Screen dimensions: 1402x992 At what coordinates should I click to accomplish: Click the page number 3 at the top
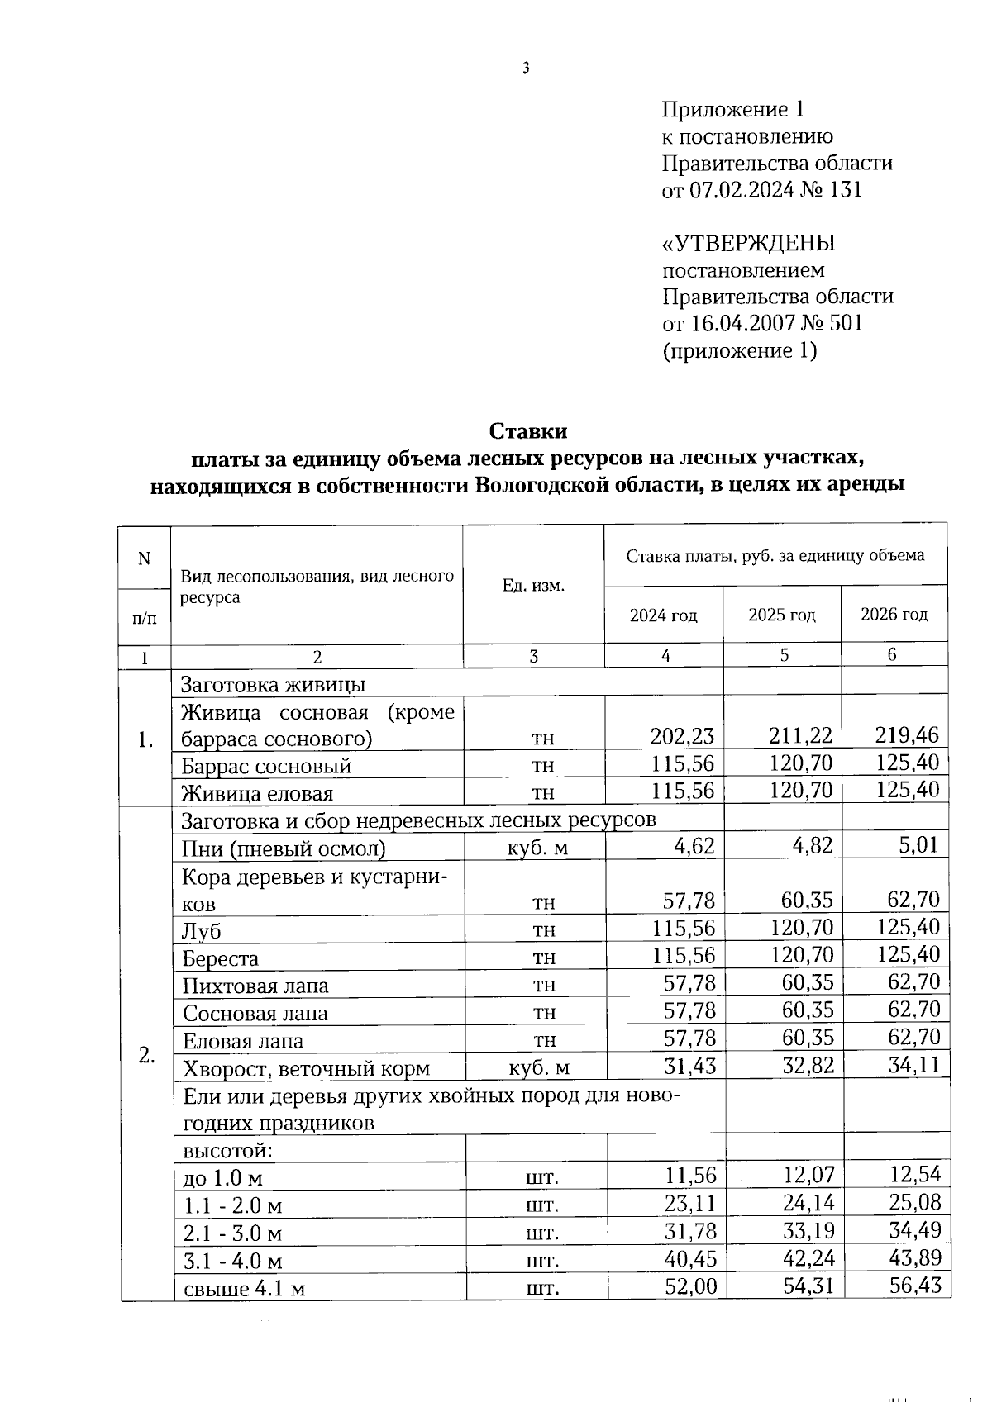click(526, 69)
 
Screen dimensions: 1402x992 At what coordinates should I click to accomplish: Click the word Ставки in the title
click(528, 431)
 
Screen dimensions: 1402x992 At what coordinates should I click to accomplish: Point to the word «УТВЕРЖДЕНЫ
click(749, 244)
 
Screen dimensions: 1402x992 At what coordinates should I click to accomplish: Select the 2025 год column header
click(782, 615)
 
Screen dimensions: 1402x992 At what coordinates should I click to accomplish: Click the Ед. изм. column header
click(533, 586)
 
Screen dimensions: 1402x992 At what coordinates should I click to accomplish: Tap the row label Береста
click(220, 958)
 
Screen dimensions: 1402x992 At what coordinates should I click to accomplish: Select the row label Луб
click(202, 931)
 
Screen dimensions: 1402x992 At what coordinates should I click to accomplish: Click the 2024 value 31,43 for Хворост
click(690, 1066)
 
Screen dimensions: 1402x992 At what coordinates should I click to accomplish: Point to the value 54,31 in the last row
click(808, 1286)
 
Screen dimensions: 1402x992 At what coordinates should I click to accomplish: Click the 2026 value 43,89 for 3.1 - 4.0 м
click(915, 1258)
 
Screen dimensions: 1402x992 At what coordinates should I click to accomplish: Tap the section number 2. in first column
click(146, 1055)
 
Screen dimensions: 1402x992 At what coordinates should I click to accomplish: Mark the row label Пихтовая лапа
click(255, 986)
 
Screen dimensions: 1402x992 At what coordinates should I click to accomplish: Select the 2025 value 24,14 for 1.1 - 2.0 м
click(808, 1203)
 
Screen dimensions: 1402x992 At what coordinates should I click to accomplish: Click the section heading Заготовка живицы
click(273, 685)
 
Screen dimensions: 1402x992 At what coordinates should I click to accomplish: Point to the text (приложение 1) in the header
click(739, 351)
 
